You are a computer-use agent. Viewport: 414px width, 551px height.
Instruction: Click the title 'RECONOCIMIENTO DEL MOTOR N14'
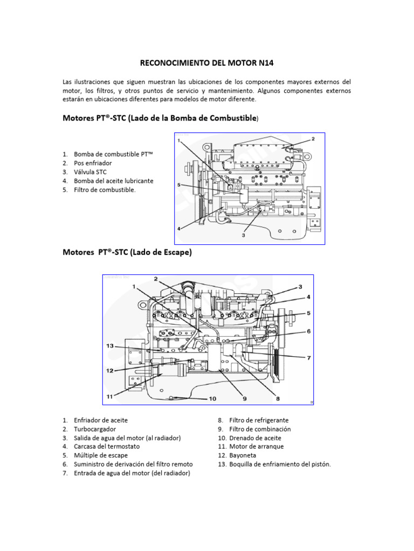click(207, 63)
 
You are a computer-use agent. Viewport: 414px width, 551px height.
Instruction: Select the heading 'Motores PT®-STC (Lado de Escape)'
click(127, 252)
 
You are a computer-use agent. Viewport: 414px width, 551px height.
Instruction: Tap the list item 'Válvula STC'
click(90, 172)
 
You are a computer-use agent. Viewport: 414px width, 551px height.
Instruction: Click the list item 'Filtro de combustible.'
click(105, 189)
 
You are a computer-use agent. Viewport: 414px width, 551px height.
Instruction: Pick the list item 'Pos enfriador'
click(93, 163)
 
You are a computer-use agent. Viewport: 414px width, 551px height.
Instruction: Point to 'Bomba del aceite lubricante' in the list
click(113, 181)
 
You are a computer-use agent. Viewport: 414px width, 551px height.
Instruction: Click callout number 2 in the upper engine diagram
click(313, 139)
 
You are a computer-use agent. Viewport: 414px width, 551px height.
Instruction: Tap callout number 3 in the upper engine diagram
click(243, 235)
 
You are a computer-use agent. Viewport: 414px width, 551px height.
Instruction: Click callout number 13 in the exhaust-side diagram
click(110, 346)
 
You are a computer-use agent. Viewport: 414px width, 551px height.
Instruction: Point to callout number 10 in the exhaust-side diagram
click(212, 399)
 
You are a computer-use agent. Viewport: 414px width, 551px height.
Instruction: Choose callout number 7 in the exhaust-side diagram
click(309, 358)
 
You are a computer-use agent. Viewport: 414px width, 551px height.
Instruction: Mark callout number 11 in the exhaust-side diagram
click(110, 397)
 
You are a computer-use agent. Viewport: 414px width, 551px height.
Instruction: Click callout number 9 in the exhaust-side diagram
click(244, 399)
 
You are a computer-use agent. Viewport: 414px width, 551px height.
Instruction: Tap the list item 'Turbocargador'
click(93, 429)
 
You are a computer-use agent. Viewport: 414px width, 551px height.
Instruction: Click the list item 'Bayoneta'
click(242, 455)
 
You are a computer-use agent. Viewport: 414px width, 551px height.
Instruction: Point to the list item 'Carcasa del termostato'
click(106, 446)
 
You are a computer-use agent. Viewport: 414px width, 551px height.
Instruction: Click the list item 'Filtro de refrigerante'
click(258, 420)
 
